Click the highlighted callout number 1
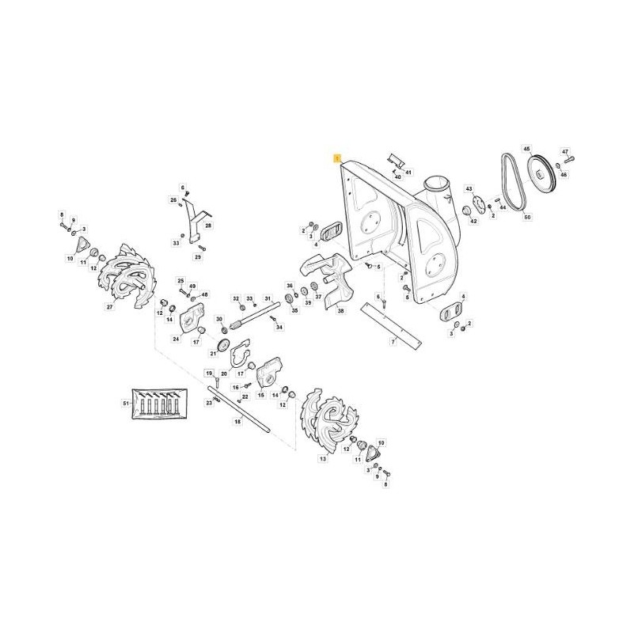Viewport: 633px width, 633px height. pyautogui.click(x=337, y=158)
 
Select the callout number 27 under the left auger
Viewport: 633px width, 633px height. pyautogui.click(x=110, y=306)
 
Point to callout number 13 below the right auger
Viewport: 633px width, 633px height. pyautogui.click(x=322, y=458)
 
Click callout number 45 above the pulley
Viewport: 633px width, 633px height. pyautogui.click(x=527, y=148)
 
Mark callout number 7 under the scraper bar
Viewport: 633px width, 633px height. pyautogui.click(x=392, y=342)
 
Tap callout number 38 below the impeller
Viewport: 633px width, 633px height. pyautogui.click(x=340, y=312)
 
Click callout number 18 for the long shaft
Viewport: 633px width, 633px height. pyautogui.click(x=237, y=423)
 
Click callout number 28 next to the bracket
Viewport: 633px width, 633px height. pyautogui.click(x=209, y=226)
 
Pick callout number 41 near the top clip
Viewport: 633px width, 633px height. pyautogui.click(x=408, y=172)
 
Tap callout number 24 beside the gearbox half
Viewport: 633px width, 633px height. pyautogui.click(x=176, y=339)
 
